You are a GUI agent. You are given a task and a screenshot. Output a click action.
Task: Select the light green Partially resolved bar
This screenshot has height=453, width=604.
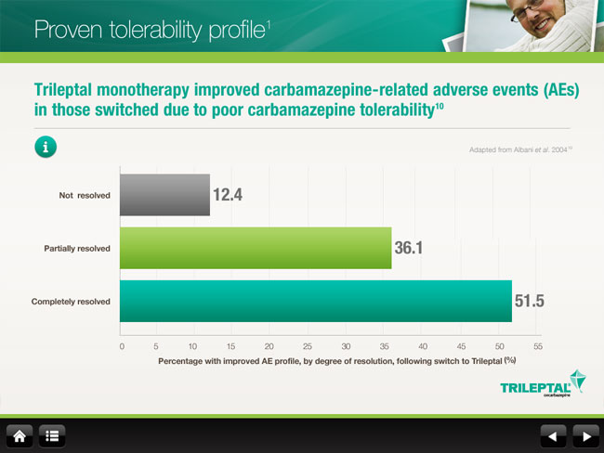point(256,248)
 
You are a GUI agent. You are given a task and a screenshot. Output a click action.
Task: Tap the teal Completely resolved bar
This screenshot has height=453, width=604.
point(316,301)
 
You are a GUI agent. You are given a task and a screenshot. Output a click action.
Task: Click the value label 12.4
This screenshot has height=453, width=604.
point(228,195)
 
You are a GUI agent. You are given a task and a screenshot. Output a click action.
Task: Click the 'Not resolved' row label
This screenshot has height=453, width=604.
point(85,195)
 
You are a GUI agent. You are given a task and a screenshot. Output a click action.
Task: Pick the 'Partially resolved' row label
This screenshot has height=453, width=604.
point(77,248)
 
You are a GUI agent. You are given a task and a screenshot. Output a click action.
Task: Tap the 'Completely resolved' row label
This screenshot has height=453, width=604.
point(71,302)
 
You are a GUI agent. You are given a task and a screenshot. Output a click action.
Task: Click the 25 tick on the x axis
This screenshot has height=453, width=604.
point(308,345)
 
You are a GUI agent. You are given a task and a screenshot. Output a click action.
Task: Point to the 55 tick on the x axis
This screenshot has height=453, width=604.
point(537,345)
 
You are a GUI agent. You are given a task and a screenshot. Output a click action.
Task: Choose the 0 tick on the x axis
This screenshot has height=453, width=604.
point(122,345)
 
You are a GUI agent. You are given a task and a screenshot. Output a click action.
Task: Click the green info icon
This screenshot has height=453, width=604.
point(46,147)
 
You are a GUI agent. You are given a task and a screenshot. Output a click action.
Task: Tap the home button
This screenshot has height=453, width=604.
point(20,434)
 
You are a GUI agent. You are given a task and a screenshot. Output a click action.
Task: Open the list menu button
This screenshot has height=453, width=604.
point(50,434)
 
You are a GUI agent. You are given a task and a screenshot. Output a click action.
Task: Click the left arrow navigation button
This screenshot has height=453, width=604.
point(553,434)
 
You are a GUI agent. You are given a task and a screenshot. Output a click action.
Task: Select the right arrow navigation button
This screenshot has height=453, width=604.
point(584,434)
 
